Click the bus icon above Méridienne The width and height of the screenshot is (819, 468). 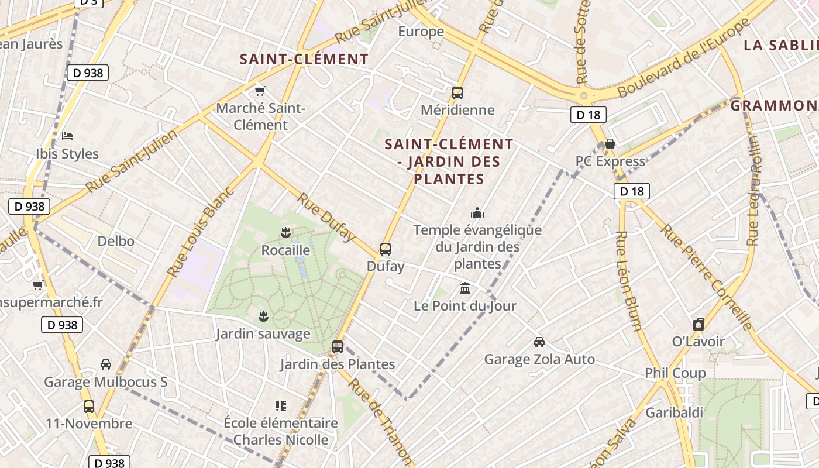click(x=457, y=93)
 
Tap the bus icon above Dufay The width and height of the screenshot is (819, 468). click(x=386, y=249)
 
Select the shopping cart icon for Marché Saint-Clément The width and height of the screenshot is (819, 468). click(x=260, y=91)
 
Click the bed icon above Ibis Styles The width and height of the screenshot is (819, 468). click(x=67, y=136)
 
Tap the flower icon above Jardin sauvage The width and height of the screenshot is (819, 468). click(x=263, y=316)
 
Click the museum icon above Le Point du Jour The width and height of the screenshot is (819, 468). click(x=465, y=288)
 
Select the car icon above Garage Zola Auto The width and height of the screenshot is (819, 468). click(x=539, y=342)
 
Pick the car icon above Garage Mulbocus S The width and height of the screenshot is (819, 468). click(x=106, y=364)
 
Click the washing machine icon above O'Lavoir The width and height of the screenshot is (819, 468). click(x=698, y=324)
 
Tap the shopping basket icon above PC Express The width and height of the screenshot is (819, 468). click(x=610, y=144)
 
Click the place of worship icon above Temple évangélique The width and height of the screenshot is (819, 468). click(x=477, y=213)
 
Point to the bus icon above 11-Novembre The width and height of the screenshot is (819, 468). click(x=89, y=406)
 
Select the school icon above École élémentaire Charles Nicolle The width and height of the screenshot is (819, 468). click(x=281, y=405)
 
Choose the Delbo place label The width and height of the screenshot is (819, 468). click(x=116, y=241)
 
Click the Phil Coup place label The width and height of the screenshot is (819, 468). click(x=675, y=373)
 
